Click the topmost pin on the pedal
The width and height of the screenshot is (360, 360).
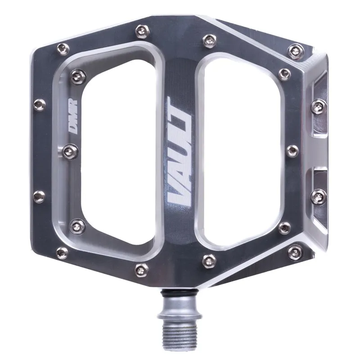[142, 31]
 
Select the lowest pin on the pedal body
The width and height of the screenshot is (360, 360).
[142, 269]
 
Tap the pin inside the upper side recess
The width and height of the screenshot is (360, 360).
[319, 106]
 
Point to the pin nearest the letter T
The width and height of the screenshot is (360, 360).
[208, 40]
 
